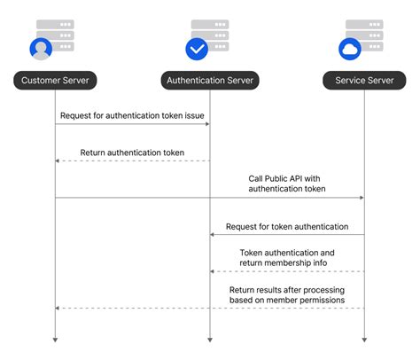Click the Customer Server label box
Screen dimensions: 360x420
click(55, 81)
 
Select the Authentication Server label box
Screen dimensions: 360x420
click(210, 81)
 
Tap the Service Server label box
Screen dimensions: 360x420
click(364, 81)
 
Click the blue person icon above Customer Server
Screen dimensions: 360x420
click(42, 49)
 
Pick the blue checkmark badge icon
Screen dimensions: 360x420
click(197, 49)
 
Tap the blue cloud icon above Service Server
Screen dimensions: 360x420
click(351, 49)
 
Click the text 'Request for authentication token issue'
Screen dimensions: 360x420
click(132, 115)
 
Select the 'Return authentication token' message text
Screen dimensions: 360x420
click(132, 153)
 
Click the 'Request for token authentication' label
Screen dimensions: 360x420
click(287, 227)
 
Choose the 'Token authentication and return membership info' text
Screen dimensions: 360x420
click(287, 258)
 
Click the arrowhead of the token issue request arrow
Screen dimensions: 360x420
click(206, 124)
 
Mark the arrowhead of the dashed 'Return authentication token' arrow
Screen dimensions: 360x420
click(58, 161)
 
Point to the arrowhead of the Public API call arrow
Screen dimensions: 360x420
click(361, 198)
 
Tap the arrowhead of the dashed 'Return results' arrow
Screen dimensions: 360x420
click(58, 309)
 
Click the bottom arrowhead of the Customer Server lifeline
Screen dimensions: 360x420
click(55, 338)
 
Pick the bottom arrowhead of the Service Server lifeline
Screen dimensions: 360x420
click(364, 338)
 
